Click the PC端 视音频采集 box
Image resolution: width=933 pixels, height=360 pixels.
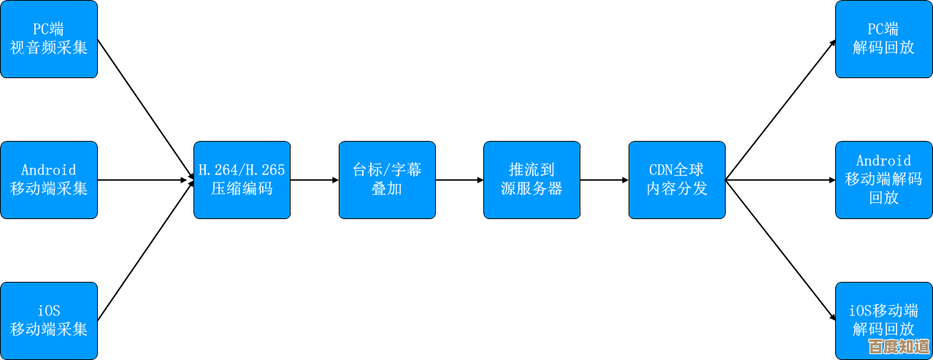[49, 39]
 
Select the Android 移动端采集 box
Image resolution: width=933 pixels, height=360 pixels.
[49, 180]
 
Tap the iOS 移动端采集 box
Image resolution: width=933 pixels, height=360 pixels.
[49, 321]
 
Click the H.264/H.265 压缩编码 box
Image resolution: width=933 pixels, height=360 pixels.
[242, 180]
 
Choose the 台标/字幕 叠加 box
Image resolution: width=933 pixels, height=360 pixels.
[387, 180]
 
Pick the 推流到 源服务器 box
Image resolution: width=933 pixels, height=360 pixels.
[531, 180]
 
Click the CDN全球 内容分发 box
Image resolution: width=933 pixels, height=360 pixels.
[677, 180]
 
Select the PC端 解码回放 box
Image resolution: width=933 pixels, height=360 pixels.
[883, 39]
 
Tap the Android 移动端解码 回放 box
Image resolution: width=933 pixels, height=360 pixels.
[883, 180]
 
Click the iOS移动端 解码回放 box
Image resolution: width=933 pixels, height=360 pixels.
[883, 321]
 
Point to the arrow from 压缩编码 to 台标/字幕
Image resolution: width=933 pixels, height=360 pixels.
[314, 180]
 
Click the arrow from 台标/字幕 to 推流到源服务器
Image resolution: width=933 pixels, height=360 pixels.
[459, 180]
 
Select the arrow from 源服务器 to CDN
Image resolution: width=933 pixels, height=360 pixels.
[604, 180]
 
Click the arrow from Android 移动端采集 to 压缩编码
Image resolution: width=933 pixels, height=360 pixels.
[145, 180]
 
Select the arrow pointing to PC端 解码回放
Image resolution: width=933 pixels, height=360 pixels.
[781, 109]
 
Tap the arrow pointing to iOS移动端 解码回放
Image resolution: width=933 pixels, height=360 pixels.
[781, 250]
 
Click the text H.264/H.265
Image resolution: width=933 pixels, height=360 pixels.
[242, 170]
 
